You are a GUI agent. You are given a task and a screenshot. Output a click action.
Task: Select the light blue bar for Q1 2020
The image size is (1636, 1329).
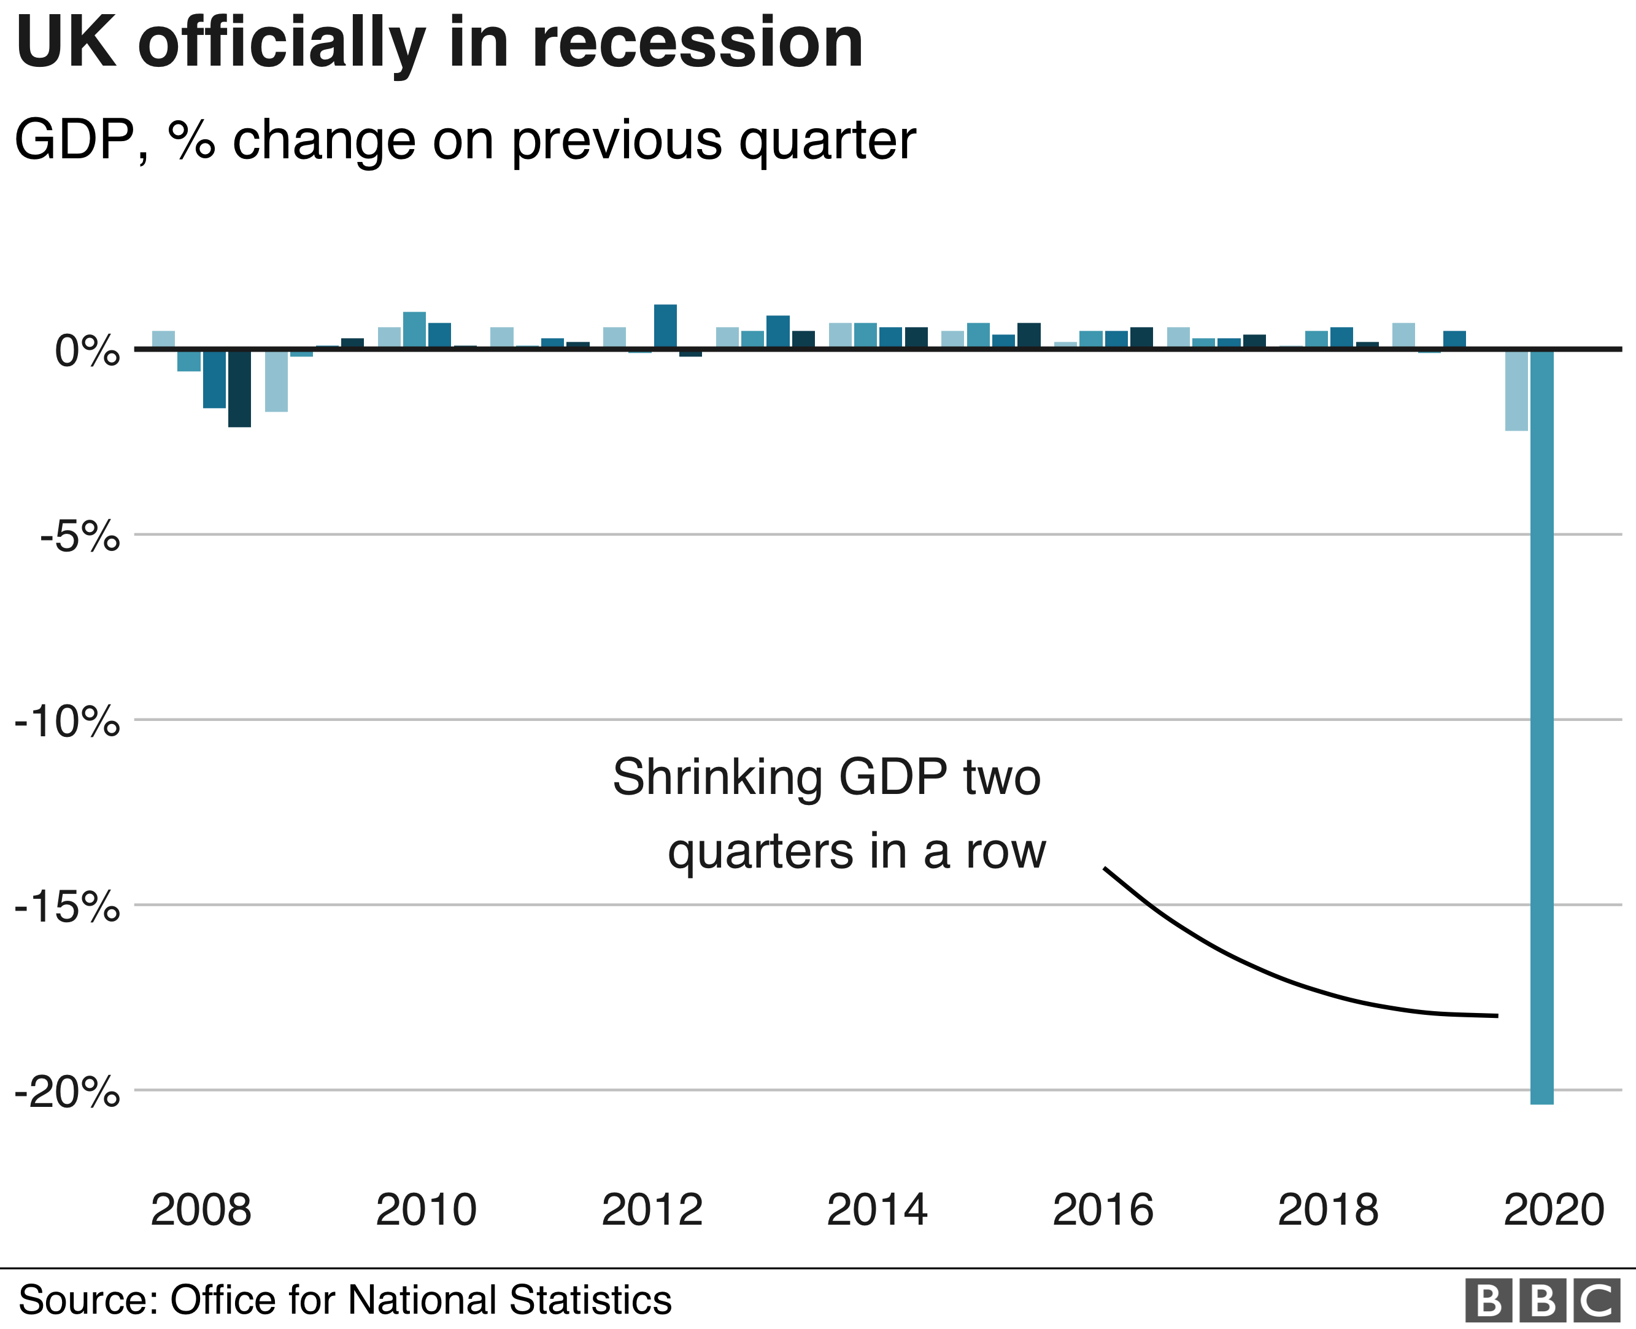click(1516, 390)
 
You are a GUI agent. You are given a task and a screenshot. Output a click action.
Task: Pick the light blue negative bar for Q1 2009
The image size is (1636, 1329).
click(276, 380)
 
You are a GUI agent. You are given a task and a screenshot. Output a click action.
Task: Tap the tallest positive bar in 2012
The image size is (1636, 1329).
click(665, 326)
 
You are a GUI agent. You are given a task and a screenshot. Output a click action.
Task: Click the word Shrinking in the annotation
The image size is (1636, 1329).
click(717, 778)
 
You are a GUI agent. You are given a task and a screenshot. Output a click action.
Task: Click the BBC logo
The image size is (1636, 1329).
click(1542, 1300)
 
